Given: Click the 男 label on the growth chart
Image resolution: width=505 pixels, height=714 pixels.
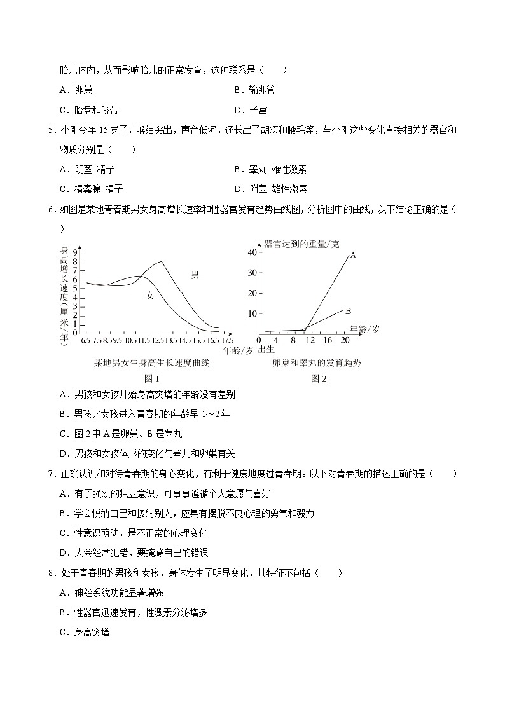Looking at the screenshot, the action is pyautogui.click(x=195, y=275).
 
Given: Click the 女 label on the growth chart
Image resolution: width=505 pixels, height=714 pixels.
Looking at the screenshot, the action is pyautogui.click(x=150, y=295).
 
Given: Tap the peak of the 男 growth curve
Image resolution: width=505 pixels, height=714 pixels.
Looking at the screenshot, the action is pyautogui.click(x=162, y=262).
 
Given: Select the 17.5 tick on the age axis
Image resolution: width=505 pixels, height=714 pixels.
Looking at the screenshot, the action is pyautogui.click(x=228, y=340).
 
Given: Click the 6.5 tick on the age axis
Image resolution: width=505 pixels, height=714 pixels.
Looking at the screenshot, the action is pyautogui.click(x=86, y=340).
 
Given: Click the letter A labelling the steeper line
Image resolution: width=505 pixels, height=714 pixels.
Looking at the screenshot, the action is pyautogui.click(x=352, y=254).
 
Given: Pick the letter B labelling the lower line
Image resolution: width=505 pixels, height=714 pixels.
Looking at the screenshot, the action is pyautogui.click(x=348, y=311).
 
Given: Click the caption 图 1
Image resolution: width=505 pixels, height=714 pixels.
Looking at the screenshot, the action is pyautogui.click(x=151, y=379).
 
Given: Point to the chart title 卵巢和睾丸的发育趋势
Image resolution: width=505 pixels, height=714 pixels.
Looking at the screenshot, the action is pyautogui.click(x=316, y=363).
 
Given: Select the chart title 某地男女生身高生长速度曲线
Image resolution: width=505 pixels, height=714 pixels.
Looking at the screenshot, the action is pyautogui.click(x=151, y=363).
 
